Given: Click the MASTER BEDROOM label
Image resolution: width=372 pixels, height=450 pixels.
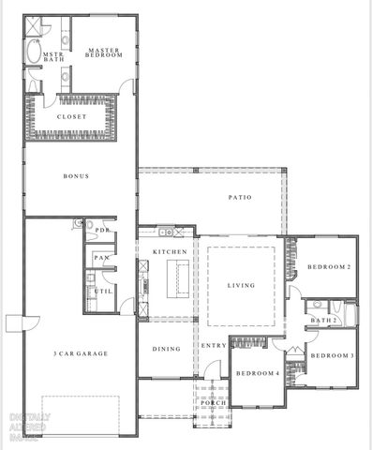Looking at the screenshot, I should (x=104, y=52).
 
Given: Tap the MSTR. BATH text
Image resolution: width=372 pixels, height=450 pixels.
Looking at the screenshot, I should (x=41, y=57).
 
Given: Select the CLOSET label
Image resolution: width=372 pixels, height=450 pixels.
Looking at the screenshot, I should (x=72, y=116).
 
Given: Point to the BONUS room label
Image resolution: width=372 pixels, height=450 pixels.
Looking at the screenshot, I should (x=76, y=176).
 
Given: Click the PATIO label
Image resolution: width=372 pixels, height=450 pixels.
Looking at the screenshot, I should (x=240, y=197).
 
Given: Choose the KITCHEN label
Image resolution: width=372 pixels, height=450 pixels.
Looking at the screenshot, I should (x=170, y=252).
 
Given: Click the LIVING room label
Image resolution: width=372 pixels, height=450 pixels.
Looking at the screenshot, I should (x=243, y=285).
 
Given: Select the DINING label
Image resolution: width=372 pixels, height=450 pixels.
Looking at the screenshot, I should (x=166, y=349).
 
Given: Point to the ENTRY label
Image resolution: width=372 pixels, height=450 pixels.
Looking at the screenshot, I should (x=215, y=346).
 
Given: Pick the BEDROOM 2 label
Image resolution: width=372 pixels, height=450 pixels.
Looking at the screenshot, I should (x=329, y=267).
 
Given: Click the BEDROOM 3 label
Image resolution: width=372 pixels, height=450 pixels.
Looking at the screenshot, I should (x=331, y=356).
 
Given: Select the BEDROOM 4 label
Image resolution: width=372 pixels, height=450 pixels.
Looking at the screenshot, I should (x=256, y=374).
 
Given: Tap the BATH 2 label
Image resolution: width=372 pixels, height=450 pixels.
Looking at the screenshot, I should (x=323, y=321).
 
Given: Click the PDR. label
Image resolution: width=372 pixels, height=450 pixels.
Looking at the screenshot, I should (x=103, y=230).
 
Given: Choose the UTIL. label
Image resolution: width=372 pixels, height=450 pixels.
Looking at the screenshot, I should (x=103, y=292).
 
